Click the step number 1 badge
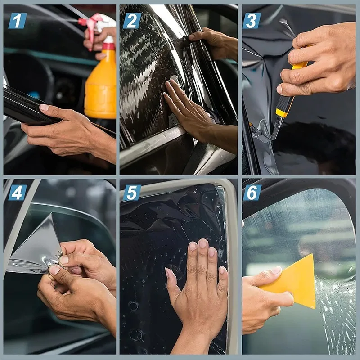click(x=18, y=21)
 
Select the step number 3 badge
click(x=252, y=21)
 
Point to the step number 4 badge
click(x=18, y=192)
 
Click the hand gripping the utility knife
click(x=315, y=63)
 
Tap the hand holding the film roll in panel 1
click(x=67, y=133)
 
